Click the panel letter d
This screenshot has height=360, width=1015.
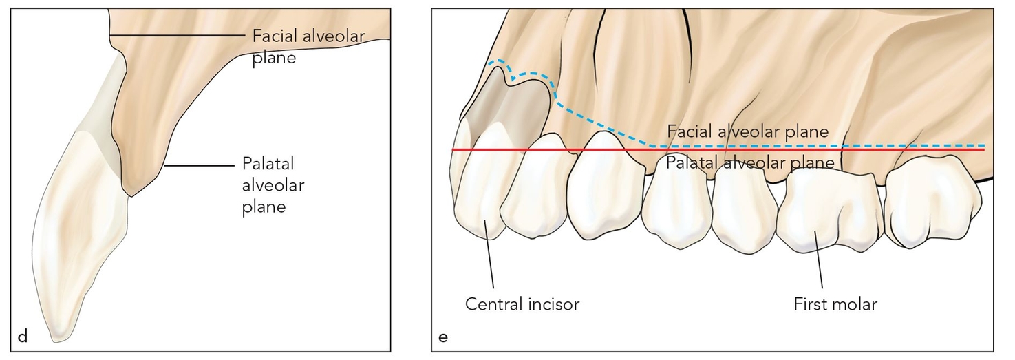point(22,337)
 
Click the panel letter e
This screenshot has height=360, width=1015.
point(442,337)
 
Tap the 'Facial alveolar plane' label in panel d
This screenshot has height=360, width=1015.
point(308,46)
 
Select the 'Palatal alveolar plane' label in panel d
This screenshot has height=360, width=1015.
point(273,184)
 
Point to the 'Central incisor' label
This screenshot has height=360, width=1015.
point(522,304)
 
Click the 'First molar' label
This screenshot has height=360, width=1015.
point(835,304)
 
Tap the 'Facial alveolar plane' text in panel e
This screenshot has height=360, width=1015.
point(747,131)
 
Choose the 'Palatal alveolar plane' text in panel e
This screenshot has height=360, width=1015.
point(749,163)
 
